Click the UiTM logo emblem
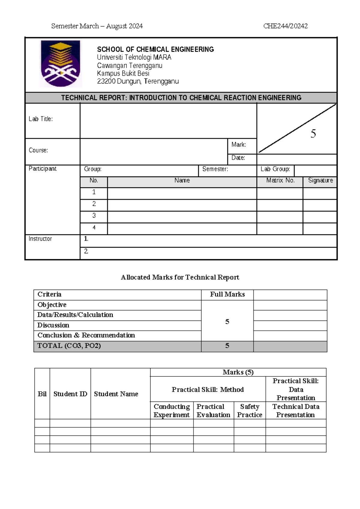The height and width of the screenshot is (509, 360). click(x=61, y=64)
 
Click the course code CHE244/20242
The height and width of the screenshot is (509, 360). click(x=285, y=26)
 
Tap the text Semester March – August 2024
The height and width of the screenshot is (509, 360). click(x=97, y=26)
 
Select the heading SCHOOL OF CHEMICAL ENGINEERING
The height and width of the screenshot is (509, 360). click(x=155, y=49)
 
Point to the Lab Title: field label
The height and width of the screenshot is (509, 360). click(x=41, y=119)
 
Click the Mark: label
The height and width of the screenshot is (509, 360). click(x=238, y=145)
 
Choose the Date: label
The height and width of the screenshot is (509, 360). click(x=238, y=158)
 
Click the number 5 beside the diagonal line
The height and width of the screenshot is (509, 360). click(x=313, y=134)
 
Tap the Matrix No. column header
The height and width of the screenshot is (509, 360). click(x=280, y=180)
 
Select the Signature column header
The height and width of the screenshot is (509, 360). click(x=320, y=180)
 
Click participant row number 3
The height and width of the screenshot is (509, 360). click(x=94, y=215)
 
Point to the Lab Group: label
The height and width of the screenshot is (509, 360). click(x=275, y=169)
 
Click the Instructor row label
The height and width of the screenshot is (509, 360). click(x=40, y=239)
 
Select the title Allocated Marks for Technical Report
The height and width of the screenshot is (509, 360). click(x=180, y=277)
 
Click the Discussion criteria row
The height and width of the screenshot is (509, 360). click(x=53, y=325)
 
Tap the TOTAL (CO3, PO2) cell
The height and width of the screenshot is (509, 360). click(x=69, y=346)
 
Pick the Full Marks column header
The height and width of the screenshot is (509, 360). click(x=227, y=294)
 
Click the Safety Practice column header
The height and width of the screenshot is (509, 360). click(x=250, y=411)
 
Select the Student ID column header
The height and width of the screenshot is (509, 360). click(x=70, y=394)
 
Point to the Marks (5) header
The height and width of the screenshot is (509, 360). click(x=238, y=372)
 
